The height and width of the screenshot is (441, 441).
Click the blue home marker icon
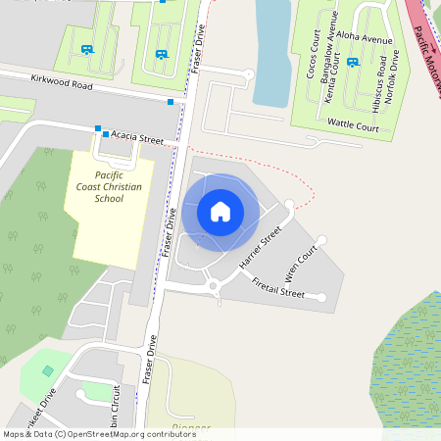(x=220, y=211)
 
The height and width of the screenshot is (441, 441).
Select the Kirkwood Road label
(x=61, y=85)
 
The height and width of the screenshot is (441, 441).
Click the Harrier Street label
(x=260, y=247)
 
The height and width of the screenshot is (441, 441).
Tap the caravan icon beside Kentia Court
(x=352, y=62)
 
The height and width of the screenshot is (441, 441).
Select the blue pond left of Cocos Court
(x=271, y=49)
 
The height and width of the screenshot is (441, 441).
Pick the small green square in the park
(x=49, y=370)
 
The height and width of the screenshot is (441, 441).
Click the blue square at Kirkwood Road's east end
(x=171, y=101)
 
